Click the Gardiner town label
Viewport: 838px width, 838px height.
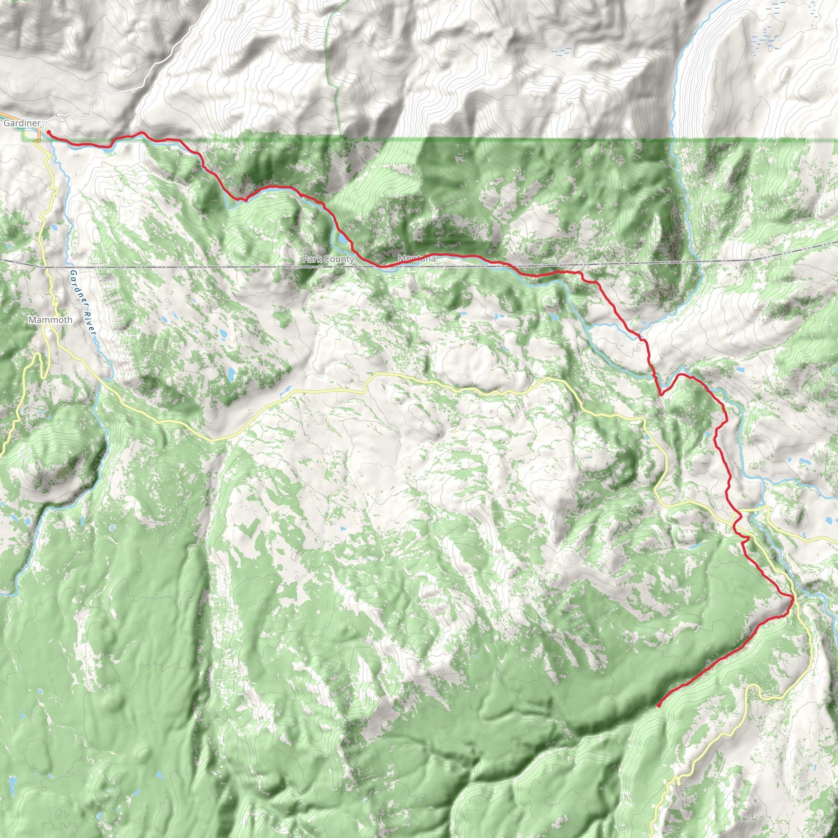pos(22,123)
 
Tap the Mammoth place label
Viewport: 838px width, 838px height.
pos(50,320)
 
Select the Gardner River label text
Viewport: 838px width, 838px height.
pos(82,302)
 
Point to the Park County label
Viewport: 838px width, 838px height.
pos(328,259)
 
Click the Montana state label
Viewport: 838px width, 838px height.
pos(417,259)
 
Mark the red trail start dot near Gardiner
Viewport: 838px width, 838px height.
pos(49,132)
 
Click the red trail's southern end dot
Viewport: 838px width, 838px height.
pos(659,705)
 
